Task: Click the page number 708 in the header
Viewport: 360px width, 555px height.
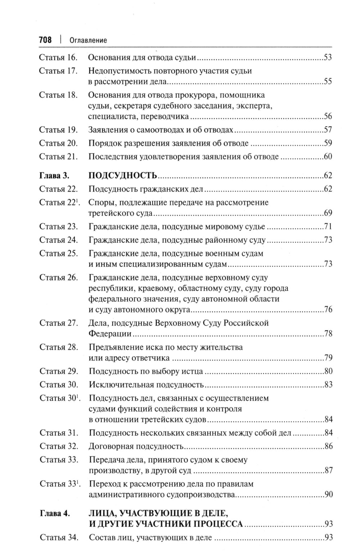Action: point(45,40)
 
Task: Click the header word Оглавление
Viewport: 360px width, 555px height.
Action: point(88,40)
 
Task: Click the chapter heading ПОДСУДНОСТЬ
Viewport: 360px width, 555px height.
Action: point(122,176)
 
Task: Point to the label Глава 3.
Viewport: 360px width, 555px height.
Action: point(54,176)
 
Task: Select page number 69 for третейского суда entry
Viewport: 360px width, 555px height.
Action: point(328,213)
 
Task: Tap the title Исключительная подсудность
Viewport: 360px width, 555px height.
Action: point(146,385)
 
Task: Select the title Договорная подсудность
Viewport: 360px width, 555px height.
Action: point(136,446)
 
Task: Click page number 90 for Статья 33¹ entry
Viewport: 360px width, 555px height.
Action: point(328,495)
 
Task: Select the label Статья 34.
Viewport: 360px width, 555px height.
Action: point(58,538)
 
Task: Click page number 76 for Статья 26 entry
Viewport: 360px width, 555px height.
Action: point(328,310)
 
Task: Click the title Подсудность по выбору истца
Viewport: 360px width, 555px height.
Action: point(145,371)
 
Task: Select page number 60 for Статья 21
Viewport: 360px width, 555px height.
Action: point(328,157)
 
